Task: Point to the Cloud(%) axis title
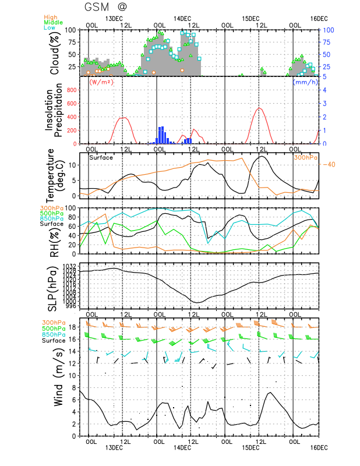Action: point(55,53)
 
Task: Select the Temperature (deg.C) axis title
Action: point(58,175)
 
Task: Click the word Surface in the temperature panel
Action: point(101,157)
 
